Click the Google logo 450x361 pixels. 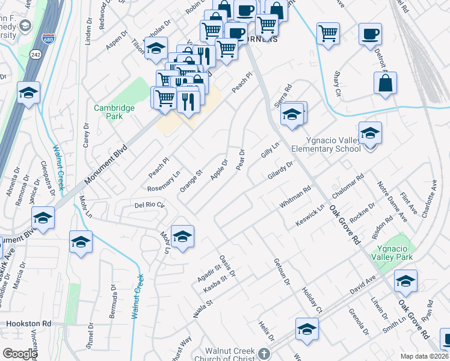(20, 354)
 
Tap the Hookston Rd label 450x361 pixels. (28, 323)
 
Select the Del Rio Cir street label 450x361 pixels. (149, 205)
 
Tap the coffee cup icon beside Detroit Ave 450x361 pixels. (370, 33)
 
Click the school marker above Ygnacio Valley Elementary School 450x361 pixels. (370, 133)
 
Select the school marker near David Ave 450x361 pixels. (405, 282)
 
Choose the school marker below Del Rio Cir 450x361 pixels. (182, 237)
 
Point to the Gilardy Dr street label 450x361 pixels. (280, 171)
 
